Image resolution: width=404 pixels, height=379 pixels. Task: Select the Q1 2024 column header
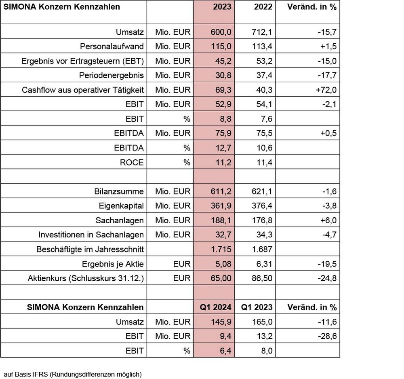[x=216, y=307]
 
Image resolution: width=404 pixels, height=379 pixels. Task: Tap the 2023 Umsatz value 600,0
[x=221, y=32]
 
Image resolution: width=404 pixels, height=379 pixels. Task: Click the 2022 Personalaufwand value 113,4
[x=263, y=46]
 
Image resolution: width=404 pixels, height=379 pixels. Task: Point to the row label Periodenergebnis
[x=117, y=75]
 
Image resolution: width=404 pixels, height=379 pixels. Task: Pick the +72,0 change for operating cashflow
[x=326, y=90]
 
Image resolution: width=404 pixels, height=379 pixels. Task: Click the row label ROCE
[x=133, y=162]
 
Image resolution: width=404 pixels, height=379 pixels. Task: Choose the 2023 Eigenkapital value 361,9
[x=221, y=205]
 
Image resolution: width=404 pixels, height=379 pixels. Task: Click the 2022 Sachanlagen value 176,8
[x=263, y=220]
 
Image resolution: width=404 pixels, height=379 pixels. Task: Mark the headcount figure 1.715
[x=221, y=249]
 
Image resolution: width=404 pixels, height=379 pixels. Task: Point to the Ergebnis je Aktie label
[x=113, y=264]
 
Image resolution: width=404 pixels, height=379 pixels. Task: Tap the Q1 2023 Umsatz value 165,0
[x=263, y=322]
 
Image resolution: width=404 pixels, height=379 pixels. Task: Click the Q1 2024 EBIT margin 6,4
[x=225, y=351]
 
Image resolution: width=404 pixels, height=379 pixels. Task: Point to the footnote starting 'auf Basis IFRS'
[x=73, y=374]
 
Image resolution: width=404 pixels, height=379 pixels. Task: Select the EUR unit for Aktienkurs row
[x=182, y=278]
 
